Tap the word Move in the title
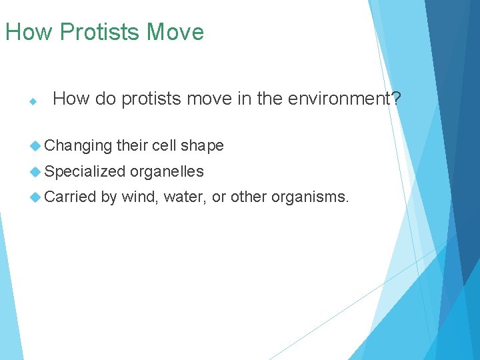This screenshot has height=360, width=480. click(175, 32)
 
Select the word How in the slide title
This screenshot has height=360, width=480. click(29, 32)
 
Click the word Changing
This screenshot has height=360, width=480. click(79, 145)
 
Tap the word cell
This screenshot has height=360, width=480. click(164, 145)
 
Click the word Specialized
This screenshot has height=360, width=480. click(85, 171)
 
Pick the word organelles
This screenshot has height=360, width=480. click(167, 171)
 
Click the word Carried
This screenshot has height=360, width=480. click(71, 197)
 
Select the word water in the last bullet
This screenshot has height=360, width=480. click(185, 197)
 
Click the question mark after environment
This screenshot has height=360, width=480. click(396, 99)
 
